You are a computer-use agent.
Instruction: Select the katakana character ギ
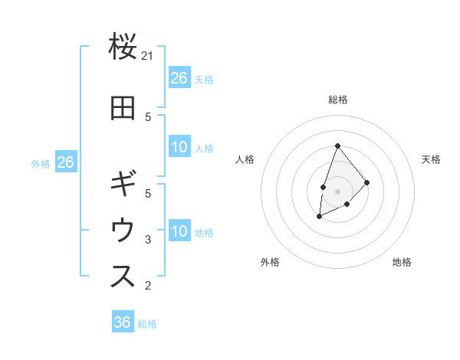(123, 185)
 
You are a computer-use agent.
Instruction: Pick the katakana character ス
(123, 277)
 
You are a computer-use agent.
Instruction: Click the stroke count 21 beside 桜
(148, 56)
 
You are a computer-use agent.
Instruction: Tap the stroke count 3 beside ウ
(148, 240)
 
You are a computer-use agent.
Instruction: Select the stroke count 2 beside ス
(148, 286)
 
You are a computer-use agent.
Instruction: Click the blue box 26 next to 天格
(179, 78)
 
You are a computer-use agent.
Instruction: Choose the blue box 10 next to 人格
(179, 147)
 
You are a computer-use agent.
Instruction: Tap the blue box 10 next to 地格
(179, 231)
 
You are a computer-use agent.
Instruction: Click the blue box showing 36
(123, 322)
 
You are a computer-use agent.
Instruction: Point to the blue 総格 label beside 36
(147, 324)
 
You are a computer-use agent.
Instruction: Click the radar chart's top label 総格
(337, 100)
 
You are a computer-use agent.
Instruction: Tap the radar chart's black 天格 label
(431, 159)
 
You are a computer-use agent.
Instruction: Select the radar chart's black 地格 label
(402, 262)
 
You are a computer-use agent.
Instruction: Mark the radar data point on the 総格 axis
(337, 146)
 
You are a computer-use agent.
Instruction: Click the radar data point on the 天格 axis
(367, 182)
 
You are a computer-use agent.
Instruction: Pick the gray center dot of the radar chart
(337, 191)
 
